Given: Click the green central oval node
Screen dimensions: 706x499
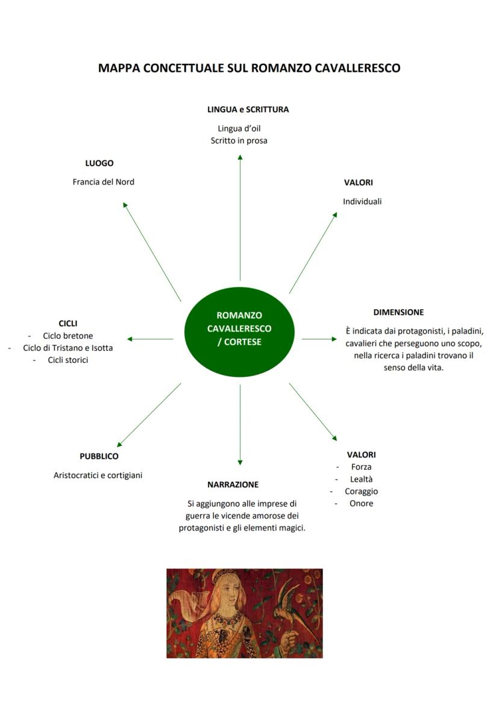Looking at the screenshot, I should point(239,332).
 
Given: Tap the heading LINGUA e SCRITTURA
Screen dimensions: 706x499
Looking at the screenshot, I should point(248,109).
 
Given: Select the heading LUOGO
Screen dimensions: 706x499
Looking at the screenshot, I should point(99,163).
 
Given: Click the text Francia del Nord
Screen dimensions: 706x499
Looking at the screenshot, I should point(103,181).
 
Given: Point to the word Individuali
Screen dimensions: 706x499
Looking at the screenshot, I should point(362,201).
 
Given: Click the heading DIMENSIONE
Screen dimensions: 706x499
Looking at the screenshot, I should point(398,312).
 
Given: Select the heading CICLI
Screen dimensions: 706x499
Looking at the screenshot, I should point(67,324).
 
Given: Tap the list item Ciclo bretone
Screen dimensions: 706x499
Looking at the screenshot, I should point(68,336).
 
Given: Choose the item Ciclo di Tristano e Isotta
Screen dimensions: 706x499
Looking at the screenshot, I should point(67,348).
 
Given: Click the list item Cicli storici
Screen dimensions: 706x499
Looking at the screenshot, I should point(68,360).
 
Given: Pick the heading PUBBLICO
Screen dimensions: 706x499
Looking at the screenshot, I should point(99,456).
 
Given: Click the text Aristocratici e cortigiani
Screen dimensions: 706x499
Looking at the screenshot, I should point(98,475).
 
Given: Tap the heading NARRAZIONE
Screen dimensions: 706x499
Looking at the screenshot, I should point(233,485).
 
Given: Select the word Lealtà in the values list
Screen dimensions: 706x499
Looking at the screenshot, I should point(362,479).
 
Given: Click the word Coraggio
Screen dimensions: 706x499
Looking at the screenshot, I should point(361,491).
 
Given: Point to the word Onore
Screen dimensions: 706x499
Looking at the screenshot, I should point(361,503).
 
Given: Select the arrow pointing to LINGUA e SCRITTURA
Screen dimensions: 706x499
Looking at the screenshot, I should point(240,217).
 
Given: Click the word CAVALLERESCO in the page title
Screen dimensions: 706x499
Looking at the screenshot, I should point(357,68).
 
